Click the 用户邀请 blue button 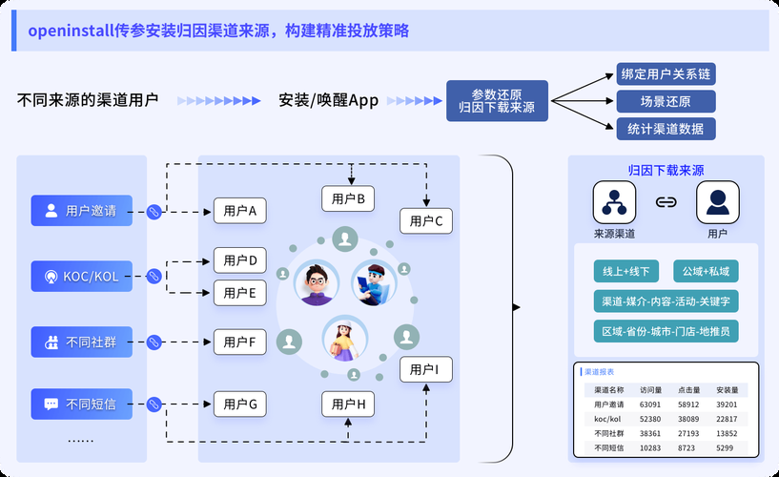tap(81, 211)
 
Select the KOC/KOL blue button tap(81, 277)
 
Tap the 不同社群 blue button tap(81, 341)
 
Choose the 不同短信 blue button tap(81, 404)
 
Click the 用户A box tap(239, 211)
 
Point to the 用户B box tap(348, 198)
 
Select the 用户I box tap(424, 369)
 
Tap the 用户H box tap(348, 404)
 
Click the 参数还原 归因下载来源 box tap(497, 101)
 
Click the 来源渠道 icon tap(614, 202)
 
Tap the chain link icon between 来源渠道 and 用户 tap(666, 202)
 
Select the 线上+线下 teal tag tap(622, 272)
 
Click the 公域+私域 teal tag tap(705, 272)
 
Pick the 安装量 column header tap(727, 390)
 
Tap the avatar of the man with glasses tap(317, 282)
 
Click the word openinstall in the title tap(70, 31)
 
